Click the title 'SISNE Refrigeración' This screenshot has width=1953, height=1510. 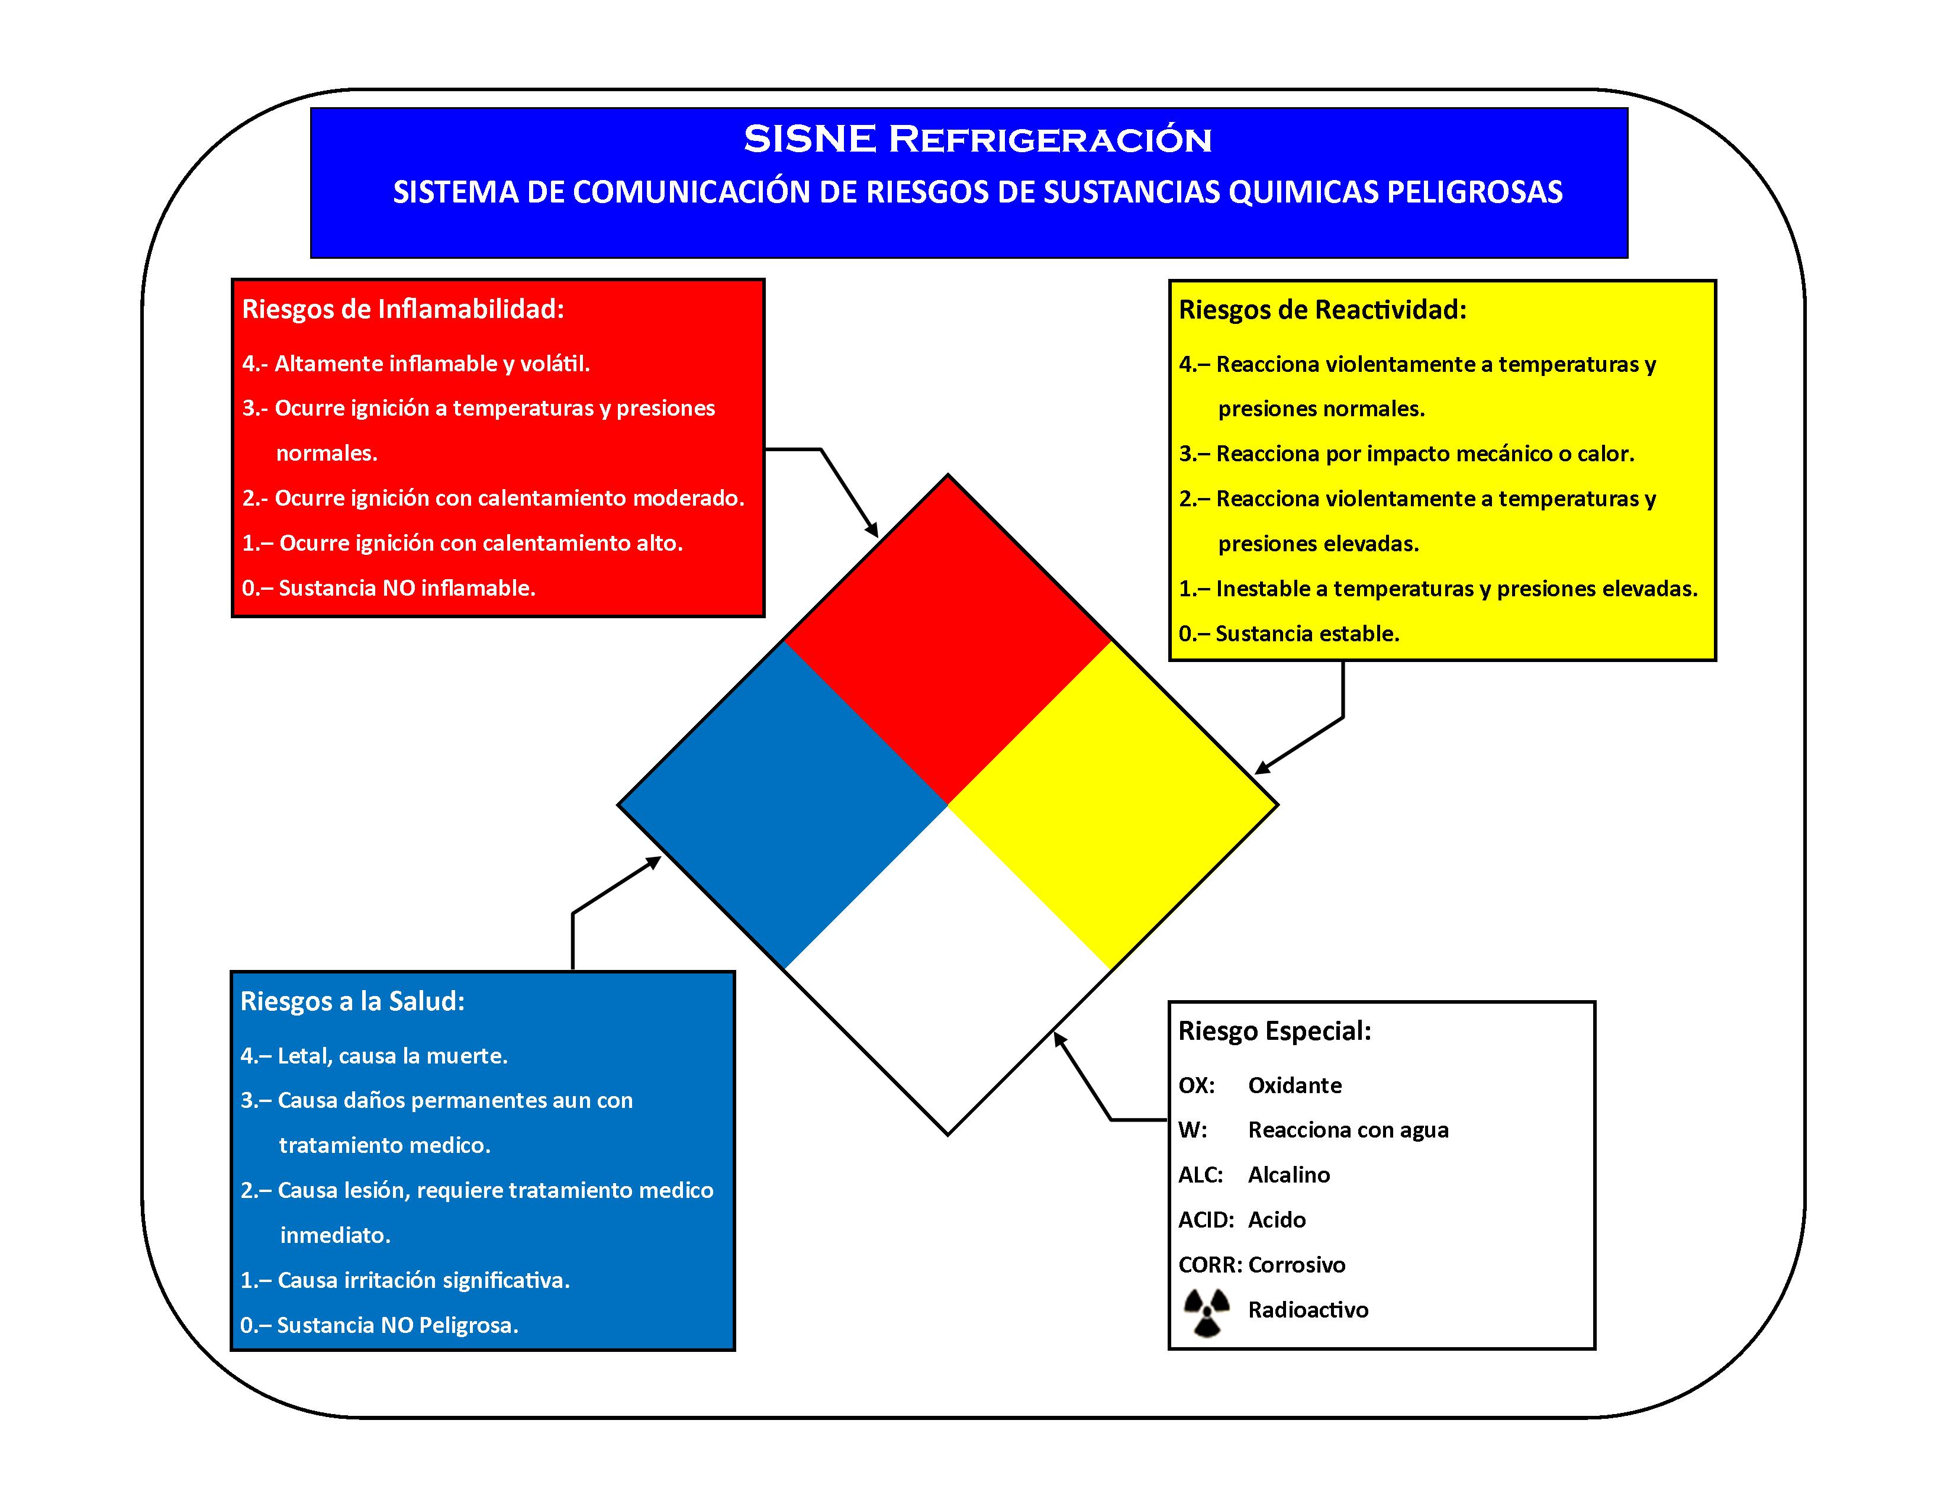978,140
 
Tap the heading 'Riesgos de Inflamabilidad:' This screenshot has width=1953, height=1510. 403,310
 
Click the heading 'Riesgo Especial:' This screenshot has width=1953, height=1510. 1274,1032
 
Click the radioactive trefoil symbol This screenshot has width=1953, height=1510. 1206,1312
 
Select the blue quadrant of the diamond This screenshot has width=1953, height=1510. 784,805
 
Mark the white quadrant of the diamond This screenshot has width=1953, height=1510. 948,970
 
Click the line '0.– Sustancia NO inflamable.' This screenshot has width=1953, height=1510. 389,589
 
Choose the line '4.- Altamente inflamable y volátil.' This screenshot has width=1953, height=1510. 416,364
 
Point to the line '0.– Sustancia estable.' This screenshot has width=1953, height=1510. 1288,634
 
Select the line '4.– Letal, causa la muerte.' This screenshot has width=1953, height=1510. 374,1056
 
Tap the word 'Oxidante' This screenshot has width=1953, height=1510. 1295,1086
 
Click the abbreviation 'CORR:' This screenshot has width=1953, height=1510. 1210,1265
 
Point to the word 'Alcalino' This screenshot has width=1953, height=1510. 1288,1175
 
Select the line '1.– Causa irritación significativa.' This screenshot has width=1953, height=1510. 405,1281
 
